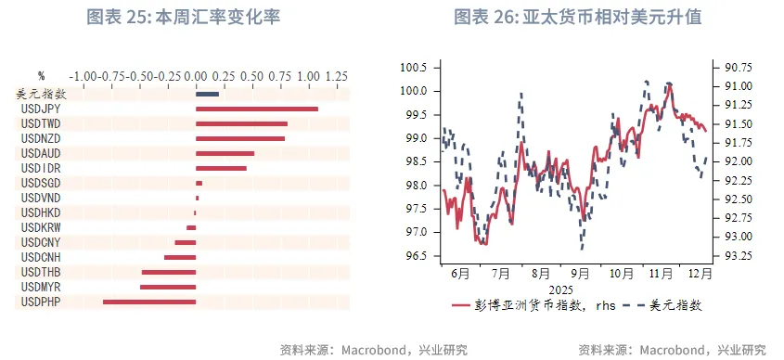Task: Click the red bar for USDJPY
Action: (256, 109)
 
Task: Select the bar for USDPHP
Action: (149, 302)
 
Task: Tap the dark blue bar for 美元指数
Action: (207, 94)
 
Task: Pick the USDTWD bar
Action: (241, 123)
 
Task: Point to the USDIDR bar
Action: (221, 168)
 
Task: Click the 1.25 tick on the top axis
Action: (335, 75)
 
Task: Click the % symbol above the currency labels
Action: (41, 75)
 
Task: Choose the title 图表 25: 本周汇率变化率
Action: (183, 17)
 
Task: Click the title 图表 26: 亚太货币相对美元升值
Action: (577, 17)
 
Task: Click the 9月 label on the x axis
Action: (580, 275)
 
